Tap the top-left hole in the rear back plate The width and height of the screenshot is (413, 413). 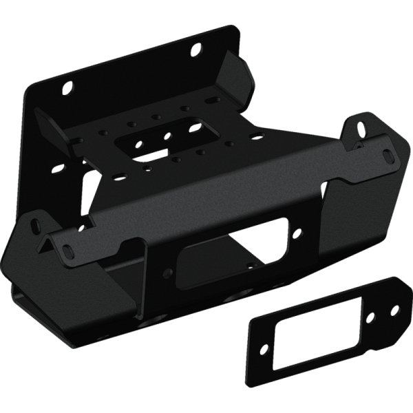point(67,88)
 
